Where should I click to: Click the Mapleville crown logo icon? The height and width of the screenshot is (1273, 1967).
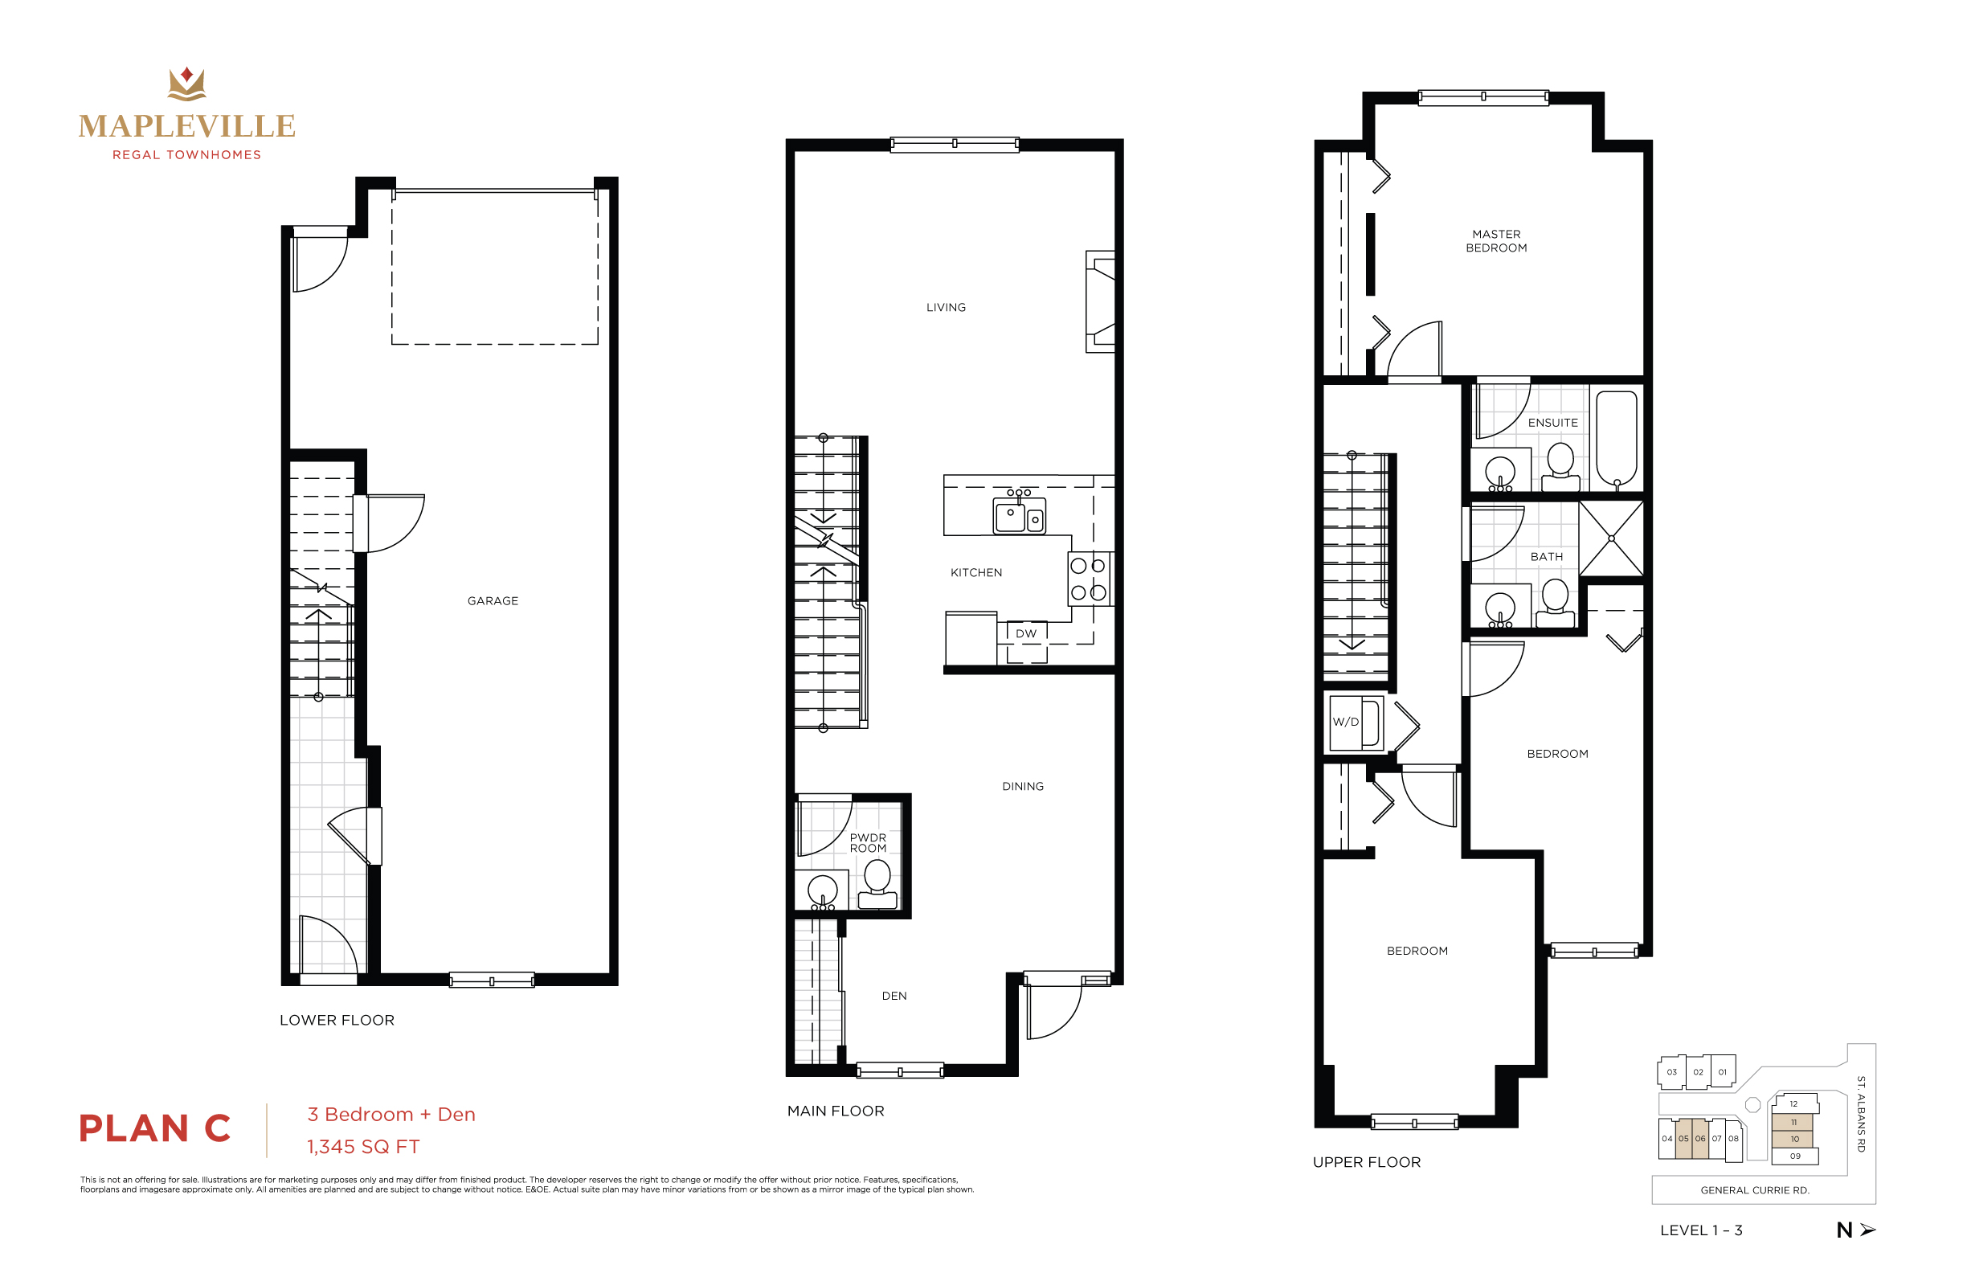pyautogui.click(x=186, y=84)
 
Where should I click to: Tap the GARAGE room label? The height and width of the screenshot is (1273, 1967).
pyautogui.click(x=493, y=601)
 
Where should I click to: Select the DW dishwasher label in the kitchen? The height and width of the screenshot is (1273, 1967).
pyautogui.click(x=1025, y=634)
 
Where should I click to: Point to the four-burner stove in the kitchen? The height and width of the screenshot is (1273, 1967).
pyautogui.click(x=1089, y=579)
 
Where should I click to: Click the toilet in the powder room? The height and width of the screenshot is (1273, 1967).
pyautogui.click(x=877, y=884)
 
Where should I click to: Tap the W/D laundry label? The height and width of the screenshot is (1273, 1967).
pyautogui.click(x=1346, y=722)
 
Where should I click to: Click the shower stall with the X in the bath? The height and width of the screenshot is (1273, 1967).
pyautogui.click(x=1611, y=538)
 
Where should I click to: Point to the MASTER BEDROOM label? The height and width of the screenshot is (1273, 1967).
pyautogui.click(x=1496, y=240)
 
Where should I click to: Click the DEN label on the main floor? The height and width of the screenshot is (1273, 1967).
pyautogui.click(x=894, y=996)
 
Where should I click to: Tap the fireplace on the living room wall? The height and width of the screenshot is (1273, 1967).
pyautogui.click(x=1101, y=301)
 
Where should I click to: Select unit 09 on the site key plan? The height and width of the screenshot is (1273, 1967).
pyautogui.click(x=1794, y=1156)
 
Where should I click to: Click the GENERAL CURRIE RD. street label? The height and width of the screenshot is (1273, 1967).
pyautogui.click(x=1755, y=1190)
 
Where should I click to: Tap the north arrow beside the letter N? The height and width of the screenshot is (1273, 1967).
pyautogui.click(x=1868, y=1230)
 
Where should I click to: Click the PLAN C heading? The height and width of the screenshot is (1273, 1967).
pyautogui.click(x=154, y=1128)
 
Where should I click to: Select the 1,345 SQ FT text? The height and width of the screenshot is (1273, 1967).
pyautogui.click(x=363, y=1147)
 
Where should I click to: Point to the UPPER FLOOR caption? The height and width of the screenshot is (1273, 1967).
pyautogui.click(x=1366, y=1162)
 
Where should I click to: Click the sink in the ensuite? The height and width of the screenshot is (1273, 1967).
pyautogui.click(x=1500, y=473)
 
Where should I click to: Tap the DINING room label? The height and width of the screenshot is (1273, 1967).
pyautogui.click(x=1022, y=786)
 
